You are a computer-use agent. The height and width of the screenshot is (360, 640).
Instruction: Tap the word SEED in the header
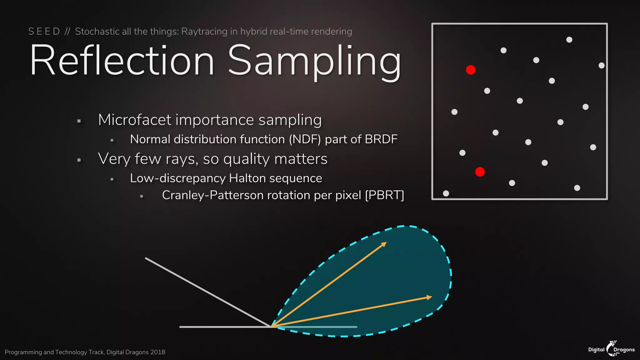[44, 32]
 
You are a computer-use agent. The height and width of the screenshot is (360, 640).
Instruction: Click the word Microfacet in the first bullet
[134, 120]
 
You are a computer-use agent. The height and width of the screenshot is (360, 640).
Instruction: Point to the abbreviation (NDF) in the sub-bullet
[305, 139]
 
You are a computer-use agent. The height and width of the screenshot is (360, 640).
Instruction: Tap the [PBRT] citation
[384, 195]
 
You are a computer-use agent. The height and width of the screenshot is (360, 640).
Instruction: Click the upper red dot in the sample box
[471, 70]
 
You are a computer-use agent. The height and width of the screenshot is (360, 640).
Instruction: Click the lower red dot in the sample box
[480, 172]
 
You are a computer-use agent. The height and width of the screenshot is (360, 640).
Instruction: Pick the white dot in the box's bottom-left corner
[446, 193]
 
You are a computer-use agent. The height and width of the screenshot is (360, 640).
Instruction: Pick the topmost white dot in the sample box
[569, 40]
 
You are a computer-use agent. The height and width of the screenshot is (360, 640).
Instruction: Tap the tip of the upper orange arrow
[386, 242]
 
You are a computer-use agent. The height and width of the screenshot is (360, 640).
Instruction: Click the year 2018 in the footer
[157, 352]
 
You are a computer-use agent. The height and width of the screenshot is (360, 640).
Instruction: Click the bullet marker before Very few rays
[79, 160]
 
